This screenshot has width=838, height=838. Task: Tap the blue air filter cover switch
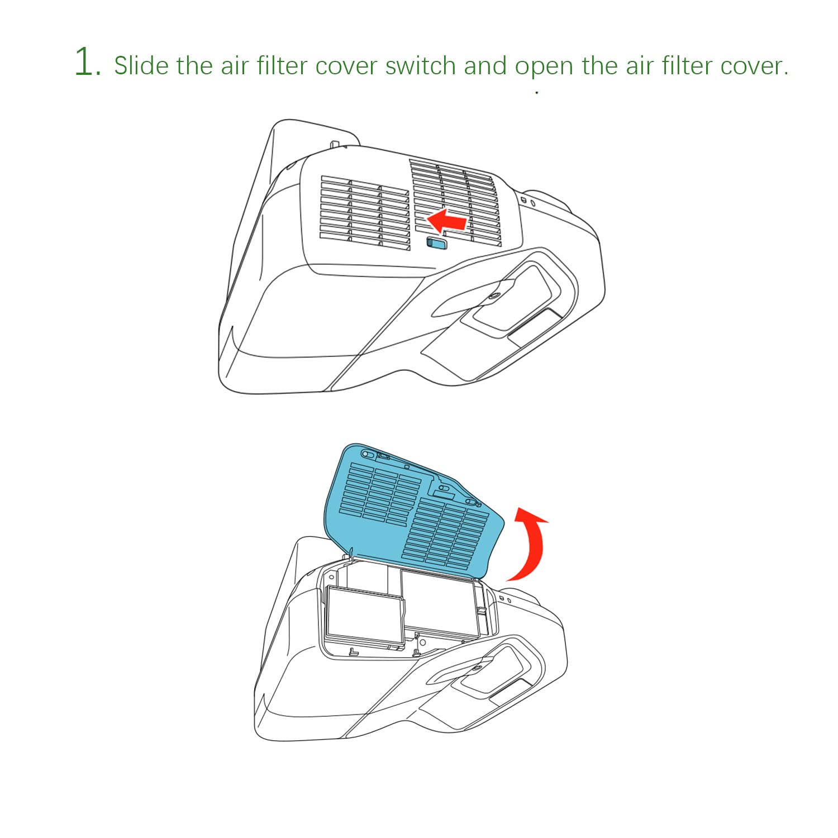(x=436, y=242)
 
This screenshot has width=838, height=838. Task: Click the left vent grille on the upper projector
(x=365, y=213)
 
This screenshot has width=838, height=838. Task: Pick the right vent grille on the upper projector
(x=455, y=201)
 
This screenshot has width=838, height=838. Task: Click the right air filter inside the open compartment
(x=440, y=603)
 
